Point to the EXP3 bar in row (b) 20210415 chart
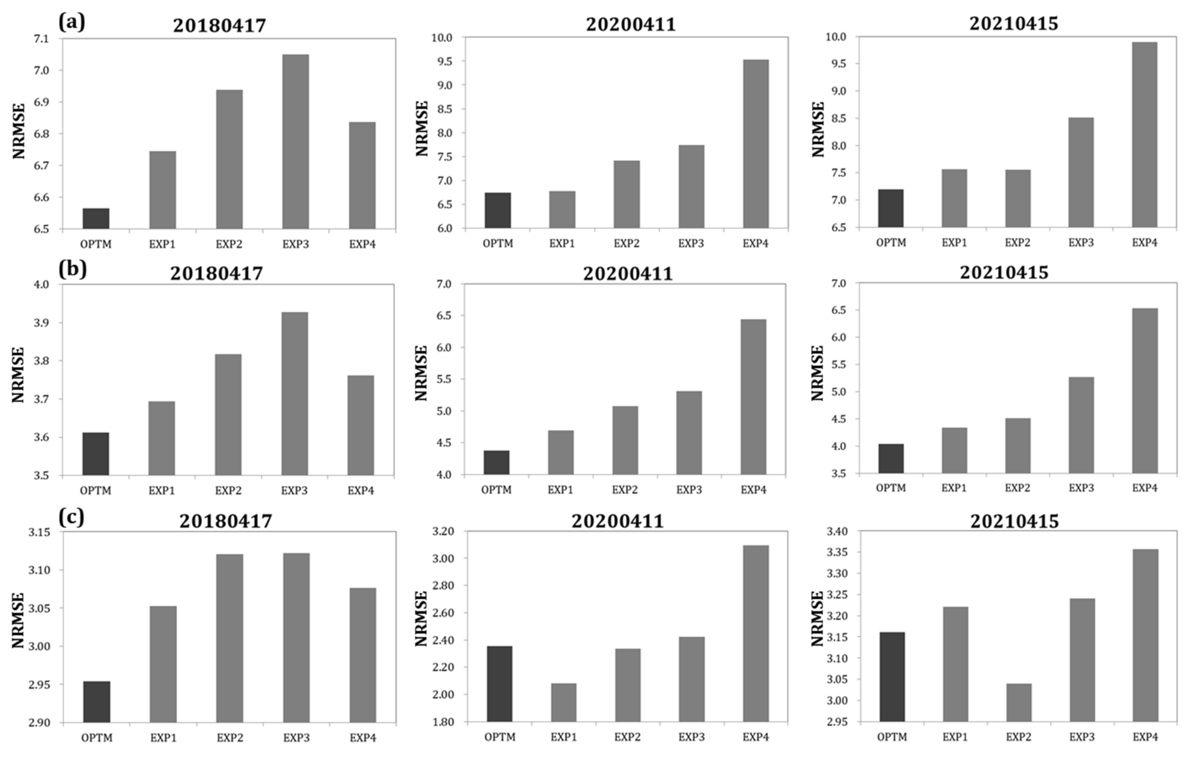[x=1081, y=425]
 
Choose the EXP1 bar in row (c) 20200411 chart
[x=563, y=703]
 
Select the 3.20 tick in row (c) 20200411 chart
[x=443, y=532]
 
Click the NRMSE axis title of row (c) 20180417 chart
[x=18, y=620]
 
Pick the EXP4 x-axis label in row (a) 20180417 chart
[x=362, y=244]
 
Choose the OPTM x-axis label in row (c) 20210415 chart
[x=892, y=737]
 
